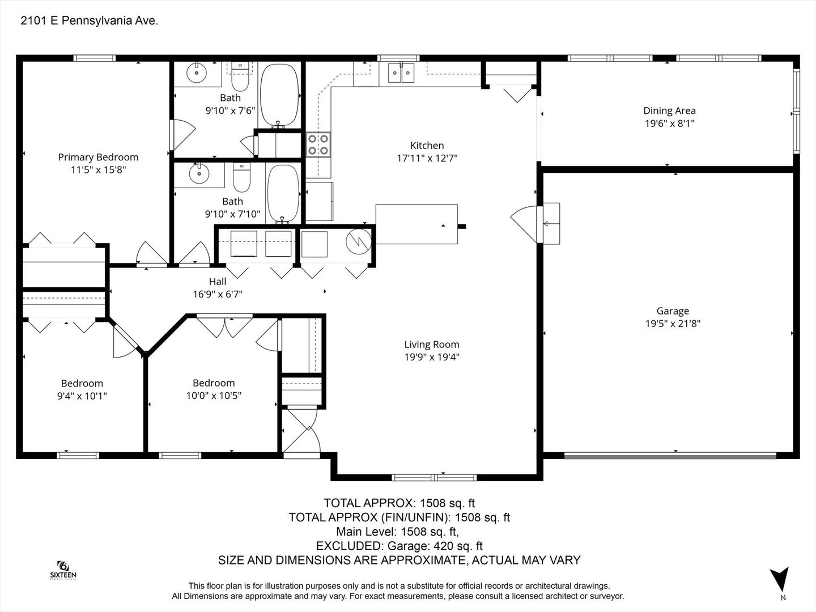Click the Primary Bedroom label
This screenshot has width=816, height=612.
[98, 157]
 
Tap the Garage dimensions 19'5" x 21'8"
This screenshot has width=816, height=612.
[673, 324]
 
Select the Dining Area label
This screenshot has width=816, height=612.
[670, 110]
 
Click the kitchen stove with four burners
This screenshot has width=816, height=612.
[318, 145]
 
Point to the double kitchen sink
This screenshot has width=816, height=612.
[401, 73]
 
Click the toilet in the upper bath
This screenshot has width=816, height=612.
[240, 76]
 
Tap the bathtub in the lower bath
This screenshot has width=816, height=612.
[283, 194]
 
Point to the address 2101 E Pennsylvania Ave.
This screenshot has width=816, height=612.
[89, 21]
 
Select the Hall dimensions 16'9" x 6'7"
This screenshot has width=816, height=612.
[218, 294]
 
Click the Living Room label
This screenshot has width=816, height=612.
[432, 345]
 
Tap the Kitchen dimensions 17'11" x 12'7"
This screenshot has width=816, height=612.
[427, 158]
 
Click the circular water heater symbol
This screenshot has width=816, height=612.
[358, 241]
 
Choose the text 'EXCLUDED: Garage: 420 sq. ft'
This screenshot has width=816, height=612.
[399, 546]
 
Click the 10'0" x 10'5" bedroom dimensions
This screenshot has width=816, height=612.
[214, 396]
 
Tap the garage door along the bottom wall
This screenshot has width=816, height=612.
[670, 455]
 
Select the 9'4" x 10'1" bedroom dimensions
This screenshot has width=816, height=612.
[82, 396]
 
